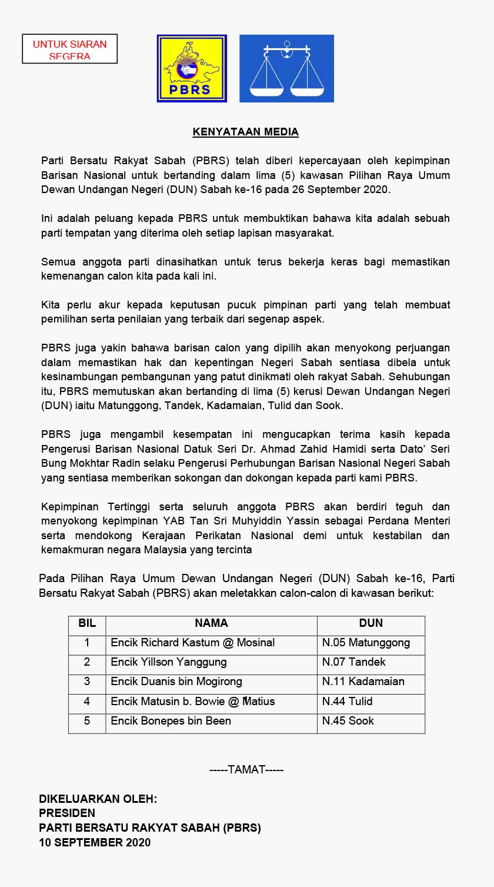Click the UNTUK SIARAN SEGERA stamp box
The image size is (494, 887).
click(69, 49)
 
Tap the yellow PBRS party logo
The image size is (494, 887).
click(192, 68)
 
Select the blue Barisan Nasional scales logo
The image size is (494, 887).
click(286, 68)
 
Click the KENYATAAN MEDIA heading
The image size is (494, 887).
click(246, 132)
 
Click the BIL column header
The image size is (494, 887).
click(87, 623)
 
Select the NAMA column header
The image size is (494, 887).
click(211, 623)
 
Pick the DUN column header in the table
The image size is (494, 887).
click(370, 623)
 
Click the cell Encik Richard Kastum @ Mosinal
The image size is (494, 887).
click(193, 643)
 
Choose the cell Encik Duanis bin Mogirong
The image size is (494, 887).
click(176, 682)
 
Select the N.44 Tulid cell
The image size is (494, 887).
click(347, 702)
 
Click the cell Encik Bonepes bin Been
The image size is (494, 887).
click(171, 721)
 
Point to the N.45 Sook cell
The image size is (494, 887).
click(348, 721)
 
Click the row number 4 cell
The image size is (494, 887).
click(87, 702)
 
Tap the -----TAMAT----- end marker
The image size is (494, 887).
click(246, 769)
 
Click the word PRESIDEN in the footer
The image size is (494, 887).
click(67, 813)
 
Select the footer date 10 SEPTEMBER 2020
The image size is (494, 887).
click(95, 843)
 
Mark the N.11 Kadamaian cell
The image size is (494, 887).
click(363, 682)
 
